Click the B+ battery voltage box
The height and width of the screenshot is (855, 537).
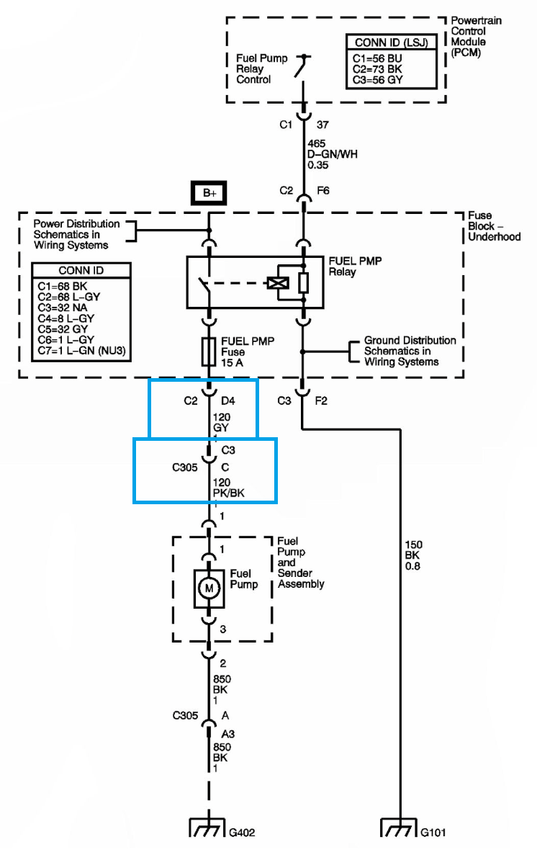[209, 193]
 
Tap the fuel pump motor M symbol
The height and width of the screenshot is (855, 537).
[209, 588]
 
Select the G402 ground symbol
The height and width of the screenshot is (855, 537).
[207, 827]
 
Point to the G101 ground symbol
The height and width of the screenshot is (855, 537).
[398, 827]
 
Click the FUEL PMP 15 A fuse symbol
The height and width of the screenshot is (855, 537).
[209, 352]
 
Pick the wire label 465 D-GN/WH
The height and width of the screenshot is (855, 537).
[332, 154]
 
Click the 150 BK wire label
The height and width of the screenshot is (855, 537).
[413, 555]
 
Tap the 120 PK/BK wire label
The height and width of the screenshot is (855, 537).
[228, 488]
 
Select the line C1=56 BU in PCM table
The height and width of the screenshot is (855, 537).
[377, 58]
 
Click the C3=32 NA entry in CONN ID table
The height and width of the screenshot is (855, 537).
[62, 308]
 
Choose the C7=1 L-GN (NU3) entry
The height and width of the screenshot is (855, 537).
[82, 351]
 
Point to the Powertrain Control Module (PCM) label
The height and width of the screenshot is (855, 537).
[476, 37]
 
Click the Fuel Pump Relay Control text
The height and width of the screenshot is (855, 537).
[262, 68]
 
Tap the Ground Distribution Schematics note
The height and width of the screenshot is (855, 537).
[410, 352]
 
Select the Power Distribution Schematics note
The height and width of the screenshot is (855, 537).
[76, 235]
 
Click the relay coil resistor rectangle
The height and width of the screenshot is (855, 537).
[304, 283]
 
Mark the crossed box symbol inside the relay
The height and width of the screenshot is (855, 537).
[277, 283]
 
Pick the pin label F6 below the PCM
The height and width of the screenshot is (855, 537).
[323, 190]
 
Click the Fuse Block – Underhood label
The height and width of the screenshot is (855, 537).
[494, 226]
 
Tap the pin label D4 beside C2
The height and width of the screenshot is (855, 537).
[228, 400]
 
